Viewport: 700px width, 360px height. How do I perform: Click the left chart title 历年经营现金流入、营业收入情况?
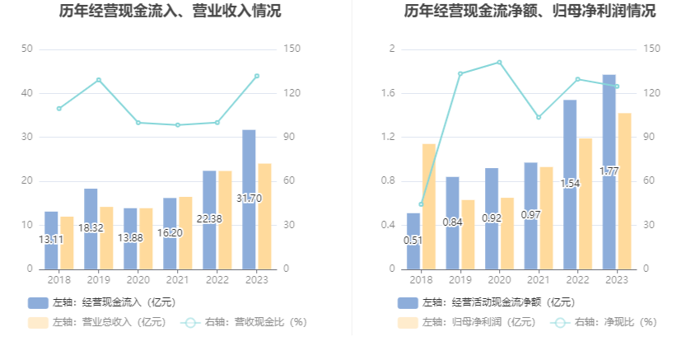[x=170, y=12]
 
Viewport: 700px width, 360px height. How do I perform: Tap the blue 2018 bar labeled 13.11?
[x=51, y=240]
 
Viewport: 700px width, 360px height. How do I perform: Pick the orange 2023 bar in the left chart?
[x=264, y=216]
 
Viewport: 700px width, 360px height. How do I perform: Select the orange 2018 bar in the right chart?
[x=429, y=206]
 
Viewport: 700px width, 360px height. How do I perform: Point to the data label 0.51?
[x=413, y=241]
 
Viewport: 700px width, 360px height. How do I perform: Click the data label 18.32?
[x=91, y=227]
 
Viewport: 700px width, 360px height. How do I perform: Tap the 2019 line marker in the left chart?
[x=99, y=80]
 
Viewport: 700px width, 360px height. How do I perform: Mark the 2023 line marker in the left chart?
[x=257, y=76]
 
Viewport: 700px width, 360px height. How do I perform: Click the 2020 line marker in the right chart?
[x=499, y=62]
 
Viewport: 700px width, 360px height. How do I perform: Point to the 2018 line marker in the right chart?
[x=421, y=204]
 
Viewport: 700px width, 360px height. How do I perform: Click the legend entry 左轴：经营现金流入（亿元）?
[x=103, y=302]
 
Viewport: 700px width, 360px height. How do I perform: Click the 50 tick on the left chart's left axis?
[x=27, y=49]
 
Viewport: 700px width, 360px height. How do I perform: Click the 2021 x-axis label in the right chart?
[x=539, y=280]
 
